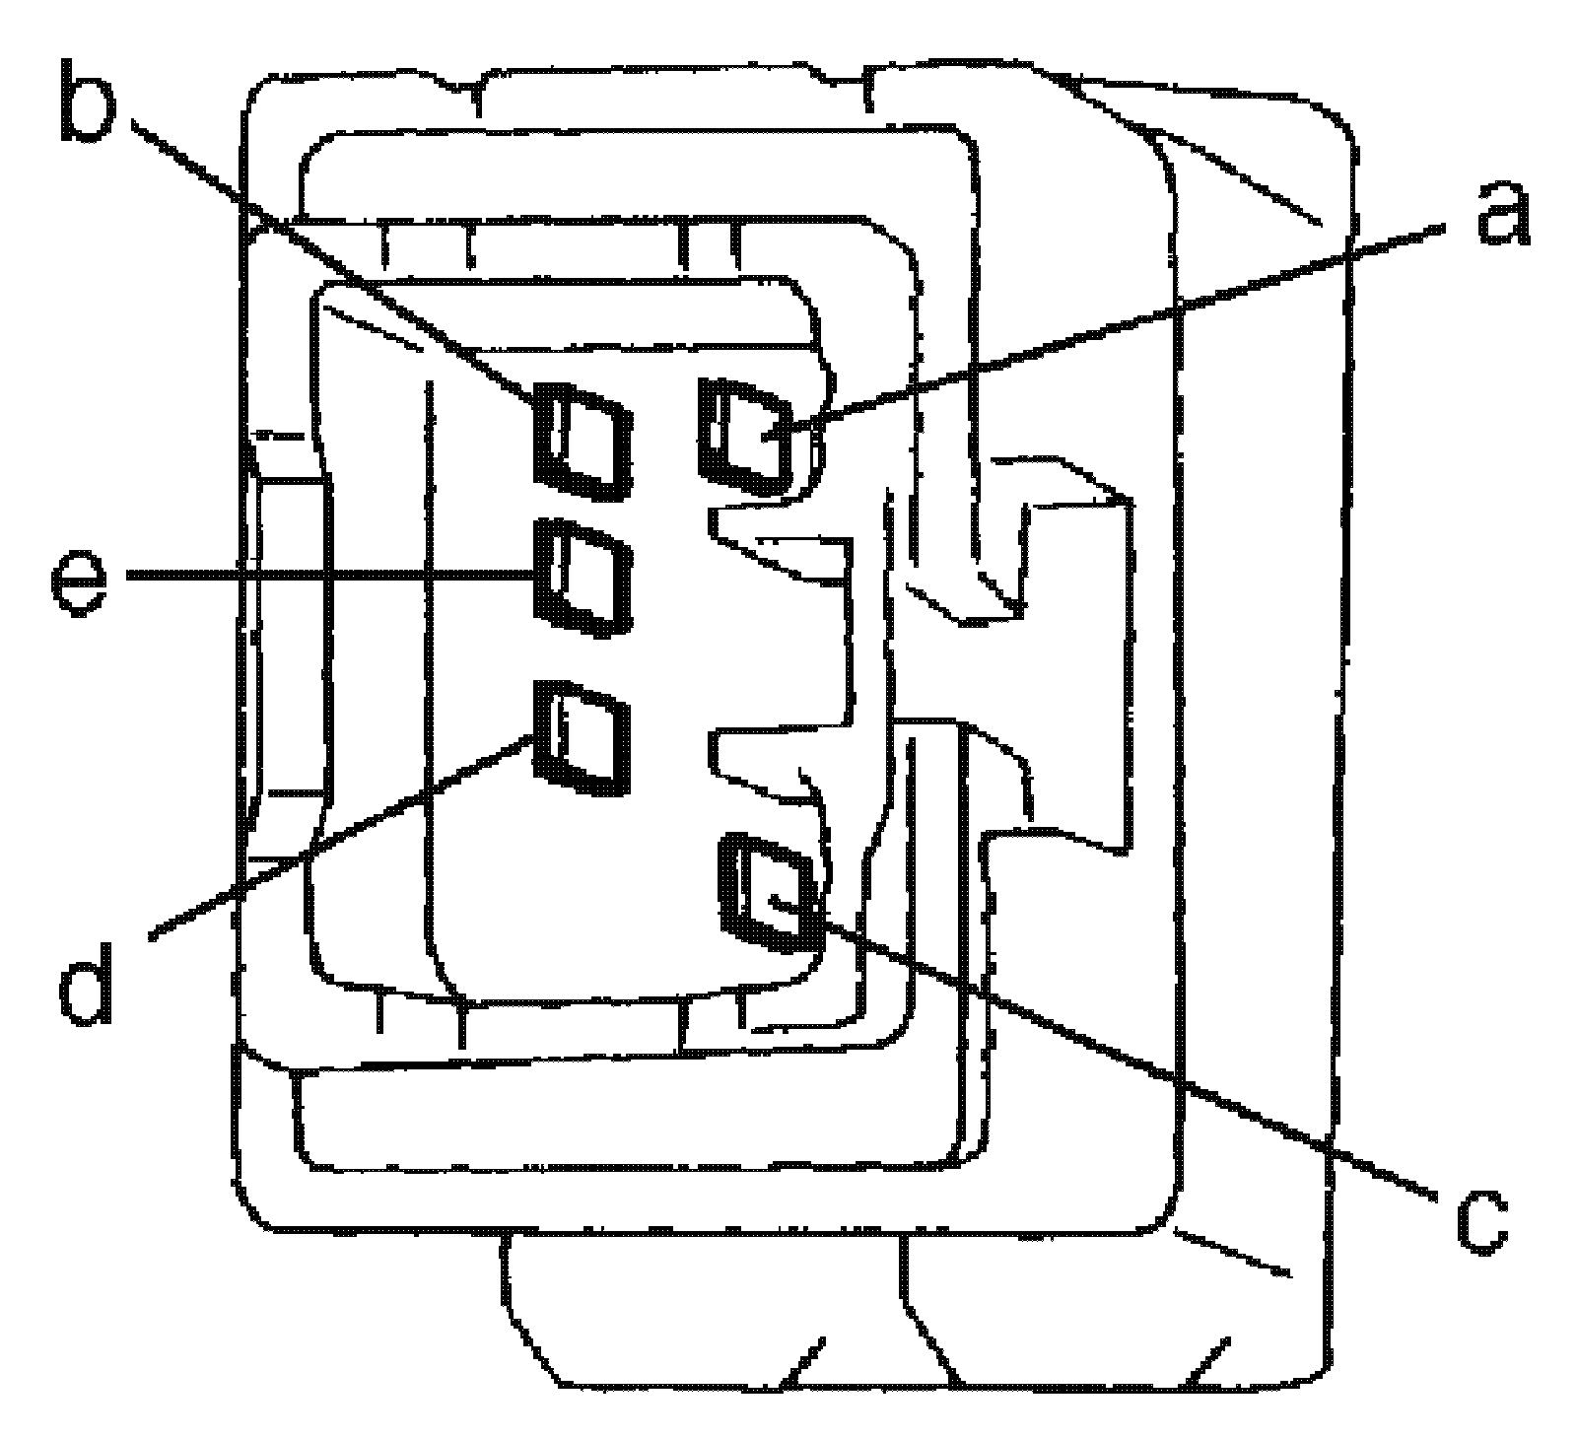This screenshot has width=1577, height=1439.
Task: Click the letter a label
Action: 1502,214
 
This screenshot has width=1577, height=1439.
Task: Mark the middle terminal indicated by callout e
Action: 582,577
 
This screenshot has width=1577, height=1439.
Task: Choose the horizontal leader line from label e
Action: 325,575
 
